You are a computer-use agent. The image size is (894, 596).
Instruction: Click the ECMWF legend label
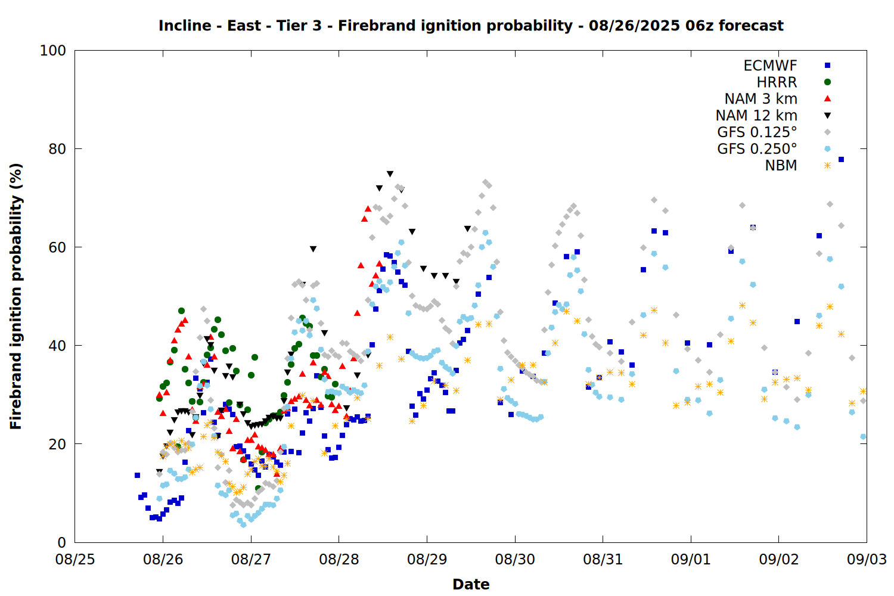[770, 66]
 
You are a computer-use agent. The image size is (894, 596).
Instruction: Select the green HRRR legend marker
[827, 82]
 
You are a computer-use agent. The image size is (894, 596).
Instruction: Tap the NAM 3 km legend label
[760, 98]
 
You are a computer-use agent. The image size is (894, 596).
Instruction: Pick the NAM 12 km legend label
[756, 116]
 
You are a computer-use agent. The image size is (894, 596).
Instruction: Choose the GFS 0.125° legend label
[757, 132]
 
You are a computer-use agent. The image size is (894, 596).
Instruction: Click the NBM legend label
[781, 165]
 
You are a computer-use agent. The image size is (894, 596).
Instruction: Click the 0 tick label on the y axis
[61, 542]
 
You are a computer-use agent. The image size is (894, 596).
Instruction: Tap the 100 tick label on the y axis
[52, 51]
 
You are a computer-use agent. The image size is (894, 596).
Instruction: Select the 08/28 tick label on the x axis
[339, 559]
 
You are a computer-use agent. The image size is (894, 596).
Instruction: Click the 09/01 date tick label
[691, 559]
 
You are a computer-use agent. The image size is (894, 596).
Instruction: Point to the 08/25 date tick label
[75, 559]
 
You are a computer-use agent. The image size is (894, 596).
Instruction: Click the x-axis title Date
[471, 585]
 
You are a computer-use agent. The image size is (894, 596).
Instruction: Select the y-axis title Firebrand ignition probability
[15, 296]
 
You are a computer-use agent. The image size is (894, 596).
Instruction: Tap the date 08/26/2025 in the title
[634, 26]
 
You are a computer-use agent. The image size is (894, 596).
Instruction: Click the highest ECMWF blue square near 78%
[841, 160]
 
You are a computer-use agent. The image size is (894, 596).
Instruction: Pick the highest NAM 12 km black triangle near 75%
[390, 174]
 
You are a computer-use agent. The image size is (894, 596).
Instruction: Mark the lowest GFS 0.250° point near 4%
[243, 525]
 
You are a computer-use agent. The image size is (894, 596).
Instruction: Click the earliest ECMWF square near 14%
[137, 476]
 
